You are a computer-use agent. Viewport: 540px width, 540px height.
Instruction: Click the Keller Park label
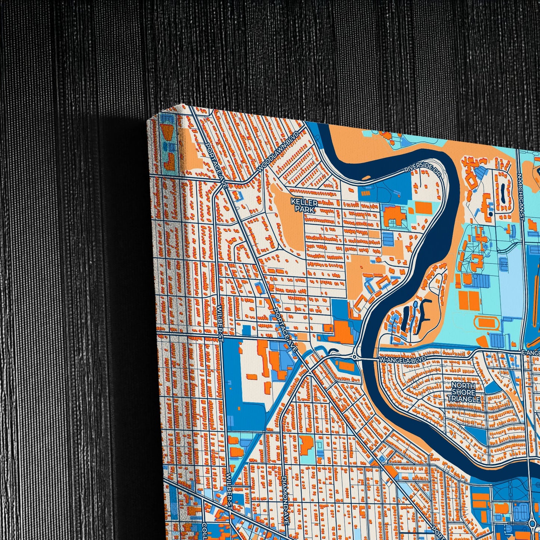click(304, 206)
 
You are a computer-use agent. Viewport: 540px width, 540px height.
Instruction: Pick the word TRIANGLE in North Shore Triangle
click(463, 399)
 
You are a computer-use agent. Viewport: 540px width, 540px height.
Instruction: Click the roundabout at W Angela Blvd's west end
click(354, 357)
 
